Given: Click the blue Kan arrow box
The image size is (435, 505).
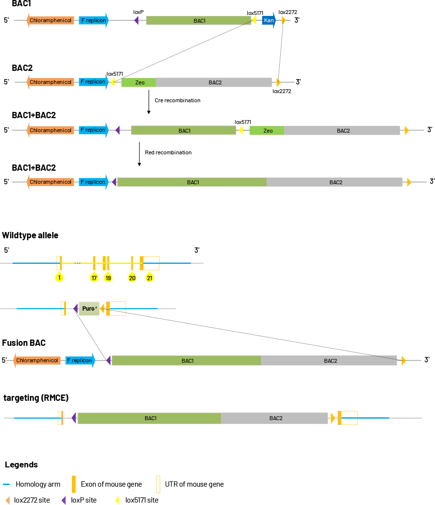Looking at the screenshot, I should point(269,20).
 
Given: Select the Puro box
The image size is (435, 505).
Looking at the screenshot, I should point(89,309).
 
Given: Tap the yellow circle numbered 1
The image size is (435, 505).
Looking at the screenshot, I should point(59,277).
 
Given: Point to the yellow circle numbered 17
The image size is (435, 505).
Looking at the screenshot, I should point(94,277).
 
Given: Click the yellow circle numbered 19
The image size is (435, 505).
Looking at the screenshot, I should point(108,277).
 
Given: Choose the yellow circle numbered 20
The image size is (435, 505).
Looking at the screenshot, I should point(132,277).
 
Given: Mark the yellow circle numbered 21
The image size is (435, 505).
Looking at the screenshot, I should point(150,277).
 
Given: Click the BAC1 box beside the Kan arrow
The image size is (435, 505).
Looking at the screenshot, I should point(198,20).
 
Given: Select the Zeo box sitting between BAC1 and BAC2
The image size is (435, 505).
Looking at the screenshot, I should point(267,130).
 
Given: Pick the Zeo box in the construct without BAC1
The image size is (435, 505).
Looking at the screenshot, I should point(138,82).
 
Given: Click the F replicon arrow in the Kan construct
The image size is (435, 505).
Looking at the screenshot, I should point(94,20).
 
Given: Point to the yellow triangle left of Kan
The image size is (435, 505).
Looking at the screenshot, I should point(254,20).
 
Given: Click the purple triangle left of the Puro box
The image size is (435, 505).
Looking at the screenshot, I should point(76,309).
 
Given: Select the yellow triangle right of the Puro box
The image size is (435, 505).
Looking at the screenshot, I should point(102,309).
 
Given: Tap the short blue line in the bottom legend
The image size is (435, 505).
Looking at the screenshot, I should point(6,484).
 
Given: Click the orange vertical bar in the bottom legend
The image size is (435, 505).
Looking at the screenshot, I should point(74,484).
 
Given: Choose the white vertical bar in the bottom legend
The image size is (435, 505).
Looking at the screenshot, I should point(158,484).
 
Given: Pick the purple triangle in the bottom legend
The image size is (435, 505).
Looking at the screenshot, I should point(64,500).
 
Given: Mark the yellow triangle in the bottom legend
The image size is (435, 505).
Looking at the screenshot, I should point(117,500).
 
